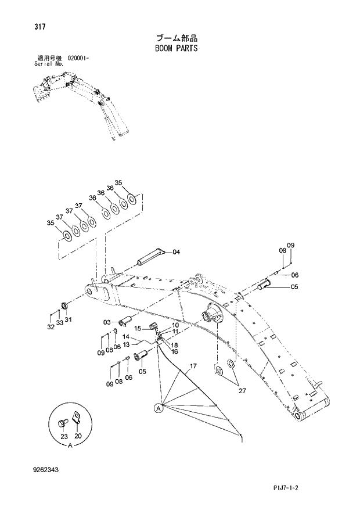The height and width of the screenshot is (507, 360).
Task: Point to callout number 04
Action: tap(176, 252)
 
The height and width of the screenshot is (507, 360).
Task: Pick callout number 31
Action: tap(68, 319)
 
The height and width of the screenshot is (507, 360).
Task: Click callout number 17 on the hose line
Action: tap(193, 366)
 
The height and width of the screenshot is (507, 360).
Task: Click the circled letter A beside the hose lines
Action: tap(157, 408)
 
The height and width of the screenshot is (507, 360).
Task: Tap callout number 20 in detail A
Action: tap(78, 436)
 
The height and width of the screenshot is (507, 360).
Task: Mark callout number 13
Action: tap(125, 344)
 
